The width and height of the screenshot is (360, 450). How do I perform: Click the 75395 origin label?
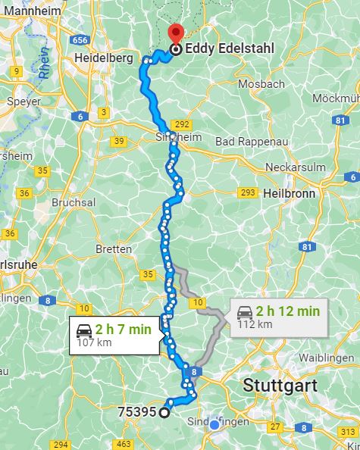137,412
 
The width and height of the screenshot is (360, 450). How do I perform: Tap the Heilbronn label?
289,193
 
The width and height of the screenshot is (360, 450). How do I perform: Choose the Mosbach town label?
261,84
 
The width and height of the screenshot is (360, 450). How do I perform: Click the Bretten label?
114,248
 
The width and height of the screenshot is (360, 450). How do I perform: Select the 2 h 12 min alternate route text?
287,311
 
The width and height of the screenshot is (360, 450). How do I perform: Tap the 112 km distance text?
254,324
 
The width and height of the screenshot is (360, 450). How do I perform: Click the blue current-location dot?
215,425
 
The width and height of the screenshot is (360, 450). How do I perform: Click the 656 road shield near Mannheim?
82,39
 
